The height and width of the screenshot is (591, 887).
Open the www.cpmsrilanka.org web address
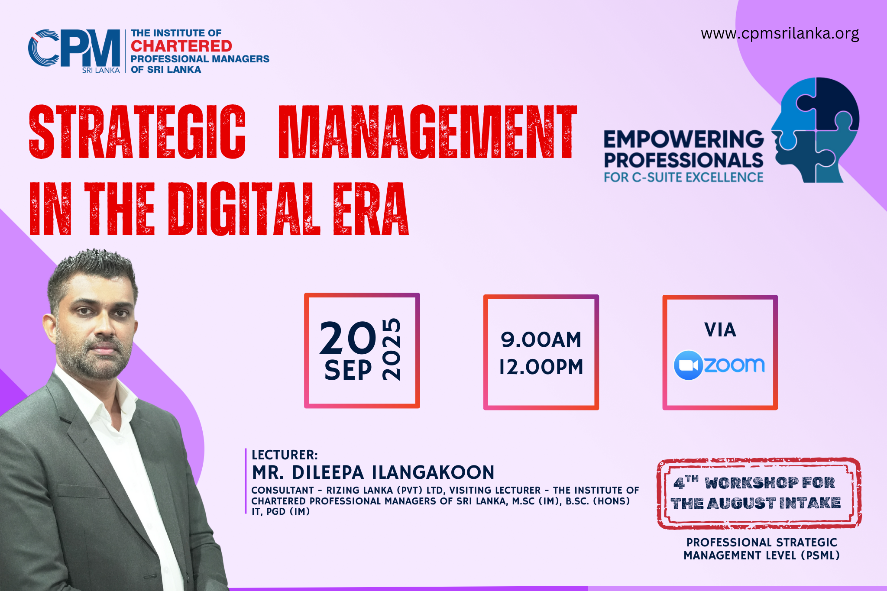click(x=780, y=34)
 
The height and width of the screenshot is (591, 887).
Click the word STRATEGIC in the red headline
click(x=137, y=132)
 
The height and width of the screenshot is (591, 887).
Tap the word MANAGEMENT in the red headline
click(x=427, y=132)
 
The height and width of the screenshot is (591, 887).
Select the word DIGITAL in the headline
click(x=244, y=209)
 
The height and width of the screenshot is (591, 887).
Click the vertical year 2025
click(x=392, y=349)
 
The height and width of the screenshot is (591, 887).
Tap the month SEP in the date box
click(x=348, y=370)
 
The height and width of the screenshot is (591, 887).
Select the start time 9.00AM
click(x=541, y=339)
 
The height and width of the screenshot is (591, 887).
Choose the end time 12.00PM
click(x=541, y=367)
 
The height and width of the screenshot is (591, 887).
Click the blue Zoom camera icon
click(x=688, y=365)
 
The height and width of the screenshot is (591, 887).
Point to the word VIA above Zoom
click(x=720, y=330)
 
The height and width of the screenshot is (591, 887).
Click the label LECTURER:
click(x=285, y=455)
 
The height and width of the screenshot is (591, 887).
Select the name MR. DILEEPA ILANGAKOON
click(x=373, y=472)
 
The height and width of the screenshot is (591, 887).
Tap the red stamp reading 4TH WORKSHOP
click(x=759, y=493)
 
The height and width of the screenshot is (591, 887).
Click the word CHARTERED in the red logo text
click(x=181, y=46)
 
